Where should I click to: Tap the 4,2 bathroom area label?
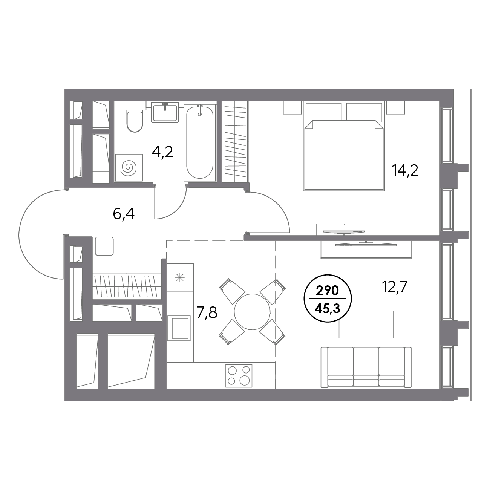tap(162, 152)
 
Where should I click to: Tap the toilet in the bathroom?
tap(134, 121)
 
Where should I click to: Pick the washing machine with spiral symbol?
tap(129, 167)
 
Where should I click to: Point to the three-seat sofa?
tap(366, 367)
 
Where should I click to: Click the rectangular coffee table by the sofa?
tap(366, 324)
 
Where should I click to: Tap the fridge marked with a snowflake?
tap(180, 278)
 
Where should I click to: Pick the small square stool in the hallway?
tap(104, 246)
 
